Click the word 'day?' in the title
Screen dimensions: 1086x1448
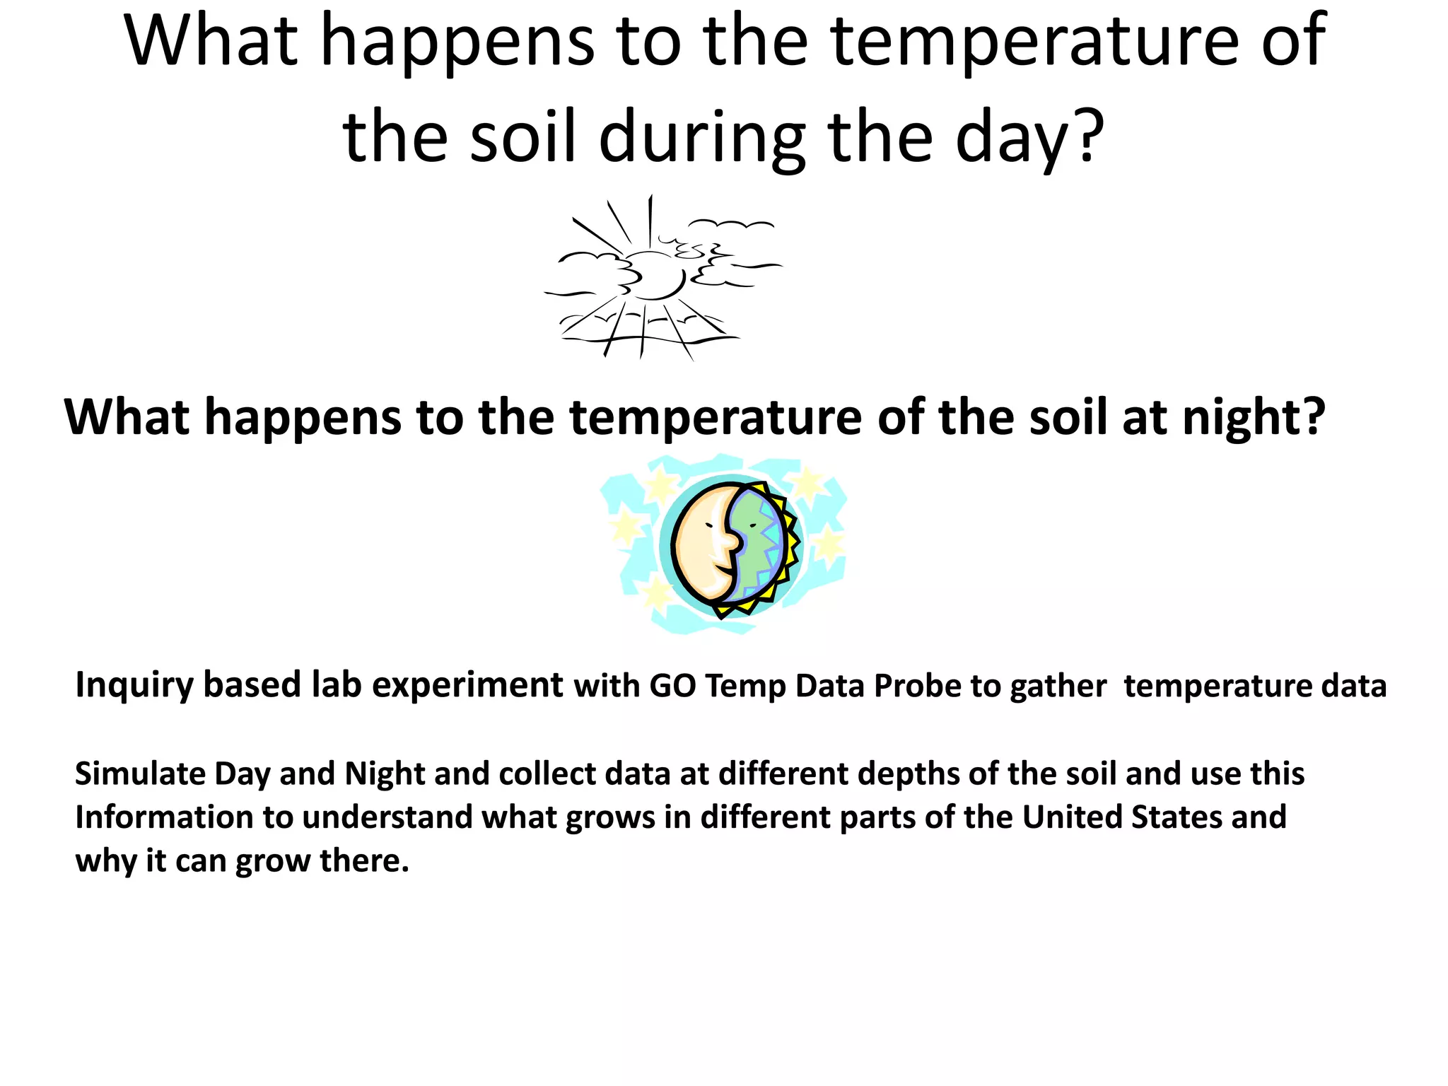(1029, 138)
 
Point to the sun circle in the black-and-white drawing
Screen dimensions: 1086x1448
(654, 276)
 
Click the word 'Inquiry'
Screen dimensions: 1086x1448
(134, 686)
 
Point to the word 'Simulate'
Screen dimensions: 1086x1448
(140, 773)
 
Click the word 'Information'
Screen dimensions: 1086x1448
(164, 817)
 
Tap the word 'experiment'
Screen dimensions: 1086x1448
(467, 686)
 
